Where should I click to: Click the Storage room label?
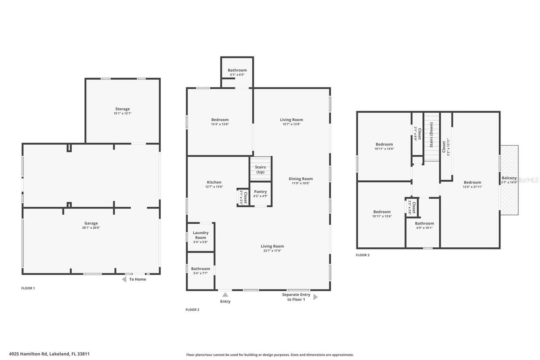122,109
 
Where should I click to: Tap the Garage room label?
91,224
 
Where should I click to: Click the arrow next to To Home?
124,279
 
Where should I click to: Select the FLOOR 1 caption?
28,288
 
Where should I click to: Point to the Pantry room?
260,194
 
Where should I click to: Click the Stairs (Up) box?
260,169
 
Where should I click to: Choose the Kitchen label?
214,182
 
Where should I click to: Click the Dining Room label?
301,179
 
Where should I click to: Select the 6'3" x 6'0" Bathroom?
237,72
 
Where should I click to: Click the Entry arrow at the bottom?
225,295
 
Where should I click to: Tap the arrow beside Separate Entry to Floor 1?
316,297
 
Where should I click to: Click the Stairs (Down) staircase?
432,137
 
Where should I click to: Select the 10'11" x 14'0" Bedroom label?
384,144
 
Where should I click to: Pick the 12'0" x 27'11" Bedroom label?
472,183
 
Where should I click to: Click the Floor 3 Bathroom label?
424,224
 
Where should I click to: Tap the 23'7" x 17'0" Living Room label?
272,246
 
